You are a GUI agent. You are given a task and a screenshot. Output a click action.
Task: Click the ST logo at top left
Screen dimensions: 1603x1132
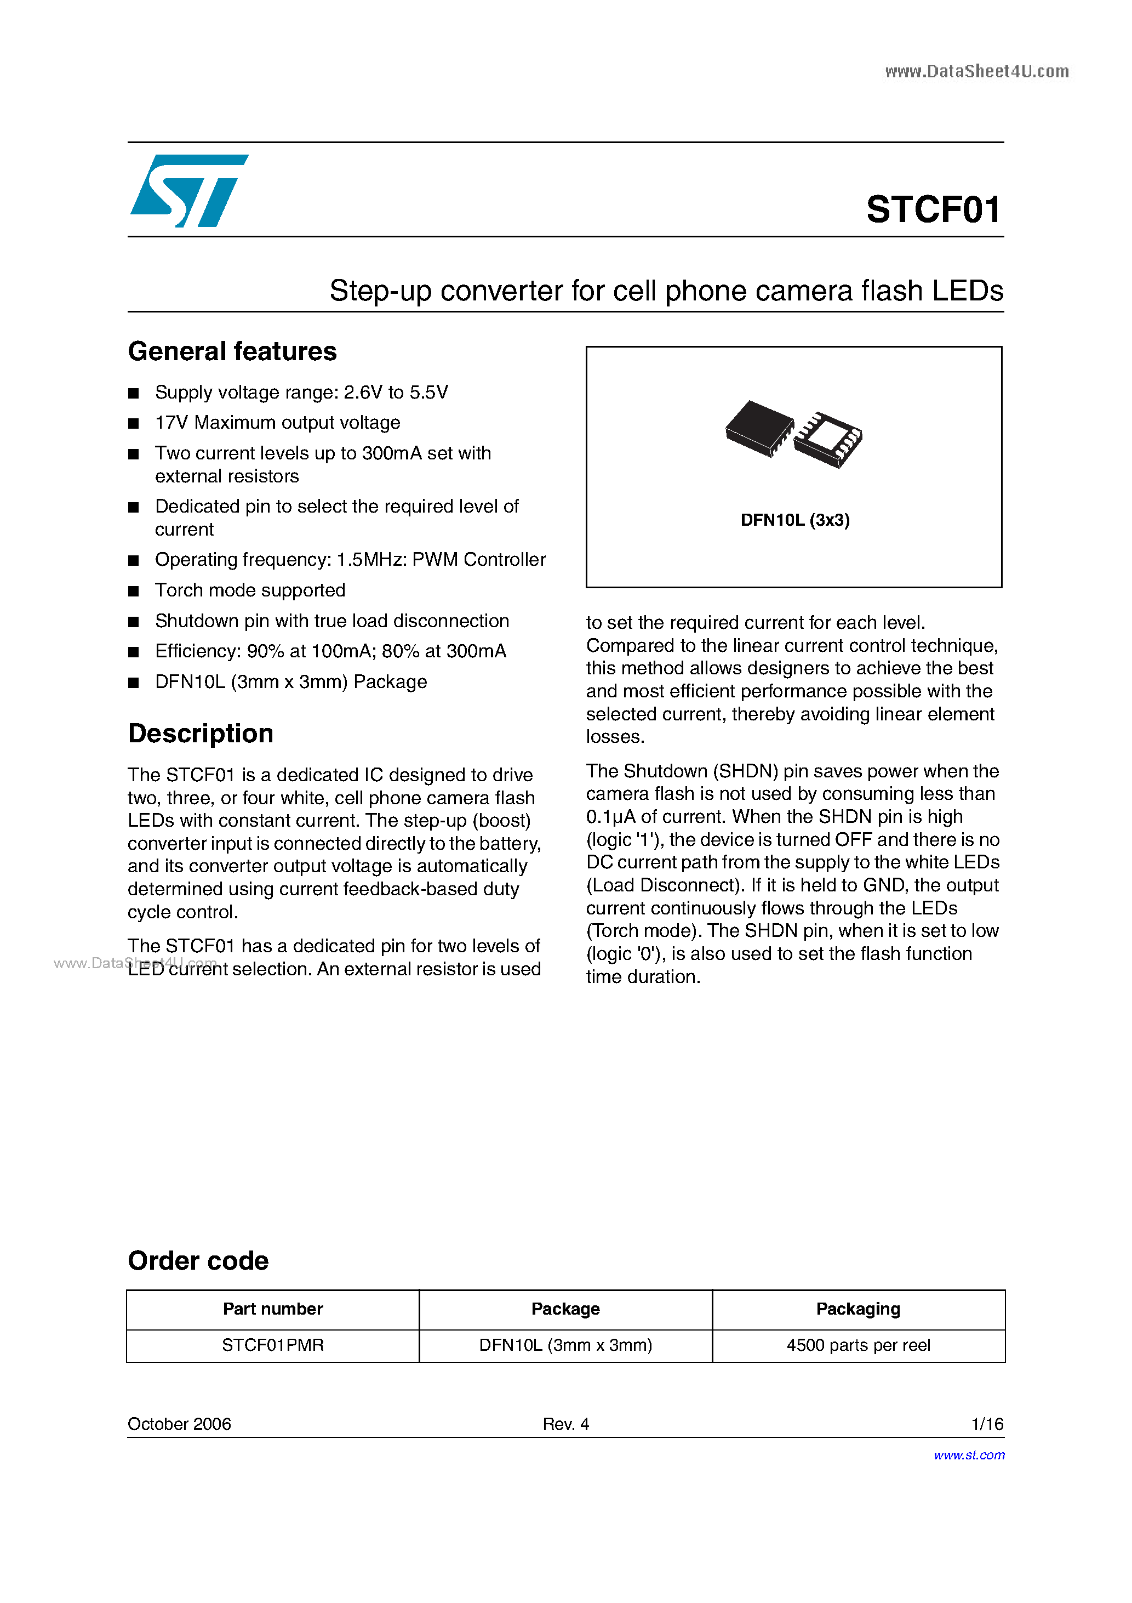188,191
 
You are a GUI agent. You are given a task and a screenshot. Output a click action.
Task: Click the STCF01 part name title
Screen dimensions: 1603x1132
934,209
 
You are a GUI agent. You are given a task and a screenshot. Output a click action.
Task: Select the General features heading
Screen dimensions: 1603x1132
232,351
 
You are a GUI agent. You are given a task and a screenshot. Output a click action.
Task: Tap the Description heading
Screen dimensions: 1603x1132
201,733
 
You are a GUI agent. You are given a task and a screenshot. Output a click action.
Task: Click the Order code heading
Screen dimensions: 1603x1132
198,1260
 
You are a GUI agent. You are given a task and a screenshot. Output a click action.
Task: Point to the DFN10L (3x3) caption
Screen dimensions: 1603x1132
795,520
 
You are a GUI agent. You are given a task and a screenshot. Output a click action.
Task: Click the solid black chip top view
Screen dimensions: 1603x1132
759,428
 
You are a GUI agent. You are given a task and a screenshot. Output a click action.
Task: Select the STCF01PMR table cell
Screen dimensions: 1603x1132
273,1345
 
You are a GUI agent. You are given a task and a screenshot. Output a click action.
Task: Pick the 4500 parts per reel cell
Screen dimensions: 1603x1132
859,1345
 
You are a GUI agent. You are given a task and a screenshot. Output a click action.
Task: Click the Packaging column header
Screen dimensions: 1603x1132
859,1309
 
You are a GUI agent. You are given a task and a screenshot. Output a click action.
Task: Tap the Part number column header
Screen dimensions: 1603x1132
273,1309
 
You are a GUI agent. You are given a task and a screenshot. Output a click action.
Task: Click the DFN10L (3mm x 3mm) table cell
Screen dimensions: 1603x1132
565,1345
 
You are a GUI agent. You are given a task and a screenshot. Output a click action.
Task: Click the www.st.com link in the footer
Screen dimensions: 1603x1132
969,1454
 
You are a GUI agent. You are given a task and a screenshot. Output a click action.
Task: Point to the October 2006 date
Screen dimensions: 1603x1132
179,1424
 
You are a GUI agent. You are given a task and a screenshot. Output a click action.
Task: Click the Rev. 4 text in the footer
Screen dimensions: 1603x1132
566,1424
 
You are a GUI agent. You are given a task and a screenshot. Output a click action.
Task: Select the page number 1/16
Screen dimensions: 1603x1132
987,1424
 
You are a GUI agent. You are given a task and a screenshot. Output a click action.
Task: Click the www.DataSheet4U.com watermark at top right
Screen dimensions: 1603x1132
976,71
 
